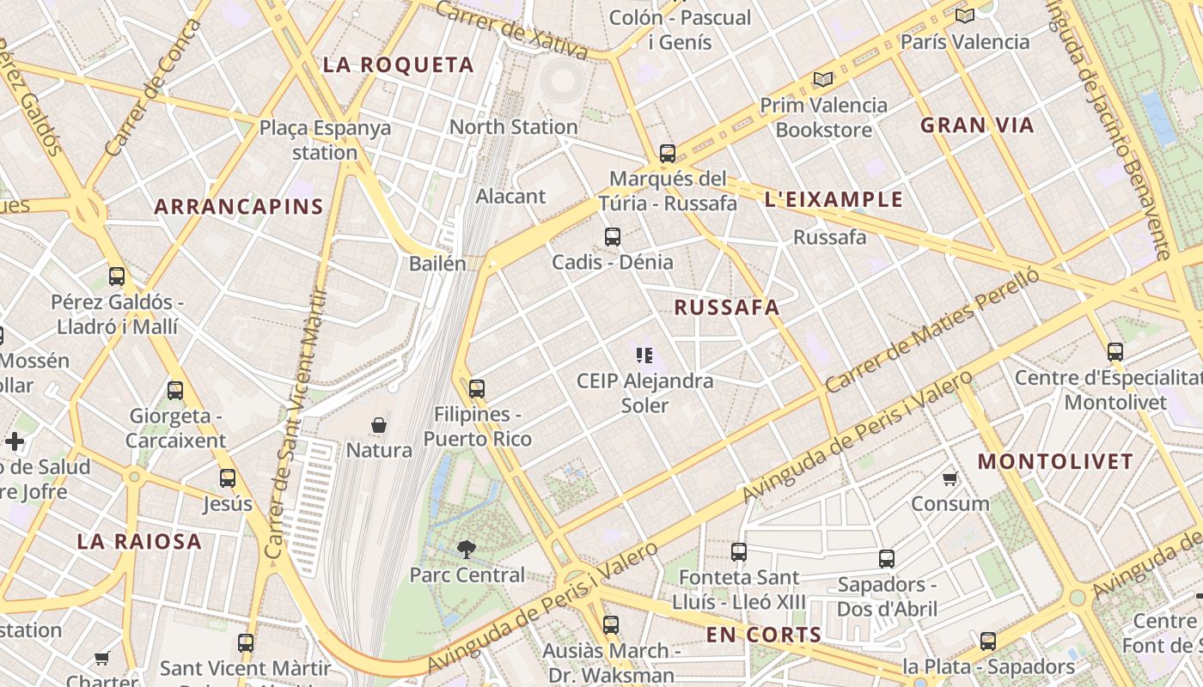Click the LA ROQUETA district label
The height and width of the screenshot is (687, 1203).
[x=398, y=65]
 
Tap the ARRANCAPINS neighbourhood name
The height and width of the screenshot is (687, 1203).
[x=239, y=207]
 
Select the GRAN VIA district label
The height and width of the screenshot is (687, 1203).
[x=977, y=125]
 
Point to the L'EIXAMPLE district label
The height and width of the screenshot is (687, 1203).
[x=834, y=200]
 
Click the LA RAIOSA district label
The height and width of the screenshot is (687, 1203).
[x=139, y=542]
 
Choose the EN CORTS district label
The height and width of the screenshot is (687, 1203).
[x=763, y=635]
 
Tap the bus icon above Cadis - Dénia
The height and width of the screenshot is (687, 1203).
[x=613, y=237]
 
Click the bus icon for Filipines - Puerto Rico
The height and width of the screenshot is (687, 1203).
[x=477, y=389]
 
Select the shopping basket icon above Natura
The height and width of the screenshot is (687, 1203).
[x=379, y=425]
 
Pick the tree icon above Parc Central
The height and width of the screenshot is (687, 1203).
[x=467, y=549]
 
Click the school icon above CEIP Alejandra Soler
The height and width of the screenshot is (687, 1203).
[x=644, y=355]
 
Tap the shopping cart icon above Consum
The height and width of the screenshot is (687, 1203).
[x=950, y=478]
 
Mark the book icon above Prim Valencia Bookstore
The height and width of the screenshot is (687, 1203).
[x=823, y=80]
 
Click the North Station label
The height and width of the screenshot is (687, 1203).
[x=513, y=127]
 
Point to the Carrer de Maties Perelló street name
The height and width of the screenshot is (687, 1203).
[x=931, y=331]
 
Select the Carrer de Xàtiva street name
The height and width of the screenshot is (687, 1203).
[x=511, y=30]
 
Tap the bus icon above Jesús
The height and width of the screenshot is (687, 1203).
[x=228, y=478]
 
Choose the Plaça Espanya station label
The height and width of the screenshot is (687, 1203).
[x=325, y=140]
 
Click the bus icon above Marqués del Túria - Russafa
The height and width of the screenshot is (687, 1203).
[x=668, y=154]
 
